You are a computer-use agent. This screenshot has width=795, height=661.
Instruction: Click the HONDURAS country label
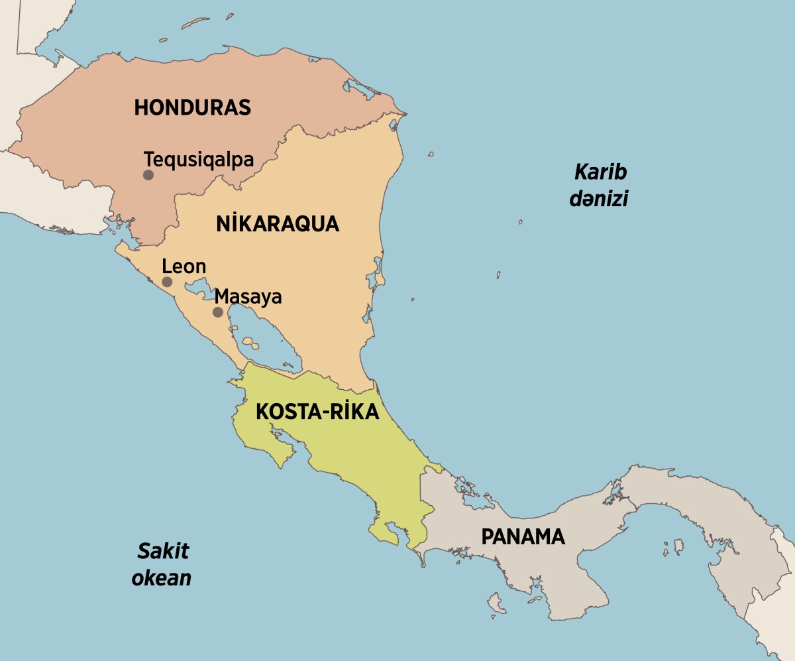tap(193, 107)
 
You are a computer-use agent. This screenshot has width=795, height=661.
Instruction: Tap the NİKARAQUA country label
tap(278, 224)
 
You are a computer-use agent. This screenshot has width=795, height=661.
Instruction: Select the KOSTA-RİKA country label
tap(317, 412)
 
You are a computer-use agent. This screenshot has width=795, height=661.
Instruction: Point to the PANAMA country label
tap(523, 536)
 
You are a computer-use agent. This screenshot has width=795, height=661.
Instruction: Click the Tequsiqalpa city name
tap(199, 160)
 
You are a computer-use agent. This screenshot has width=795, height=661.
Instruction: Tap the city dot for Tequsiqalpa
tap(148, 175)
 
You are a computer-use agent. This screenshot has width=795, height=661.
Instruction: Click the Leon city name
tap(184, 267)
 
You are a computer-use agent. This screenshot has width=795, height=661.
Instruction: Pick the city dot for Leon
tap(167, 282)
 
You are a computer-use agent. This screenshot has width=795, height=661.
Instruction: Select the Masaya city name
tap(248, 297)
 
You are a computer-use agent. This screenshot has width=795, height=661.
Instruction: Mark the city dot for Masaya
tap(217, 312)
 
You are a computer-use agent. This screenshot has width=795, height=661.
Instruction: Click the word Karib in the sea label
tap(600, 172)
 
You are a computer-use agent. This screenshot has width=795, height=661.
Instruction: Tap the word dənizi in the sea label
tap(598, 199)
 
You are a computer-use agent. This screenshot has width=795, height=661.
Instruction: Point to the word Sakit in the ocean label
tap(163, 551)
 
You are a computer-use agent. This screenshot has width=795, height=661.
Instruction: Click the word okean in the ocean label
tap(162, 577)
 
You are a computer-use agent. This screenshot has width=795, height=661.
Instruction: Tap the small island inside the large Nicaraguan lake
tap(250, 343)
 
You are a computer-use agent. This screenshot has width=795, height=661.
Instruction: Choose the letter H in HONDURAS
tap(142, 107)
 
